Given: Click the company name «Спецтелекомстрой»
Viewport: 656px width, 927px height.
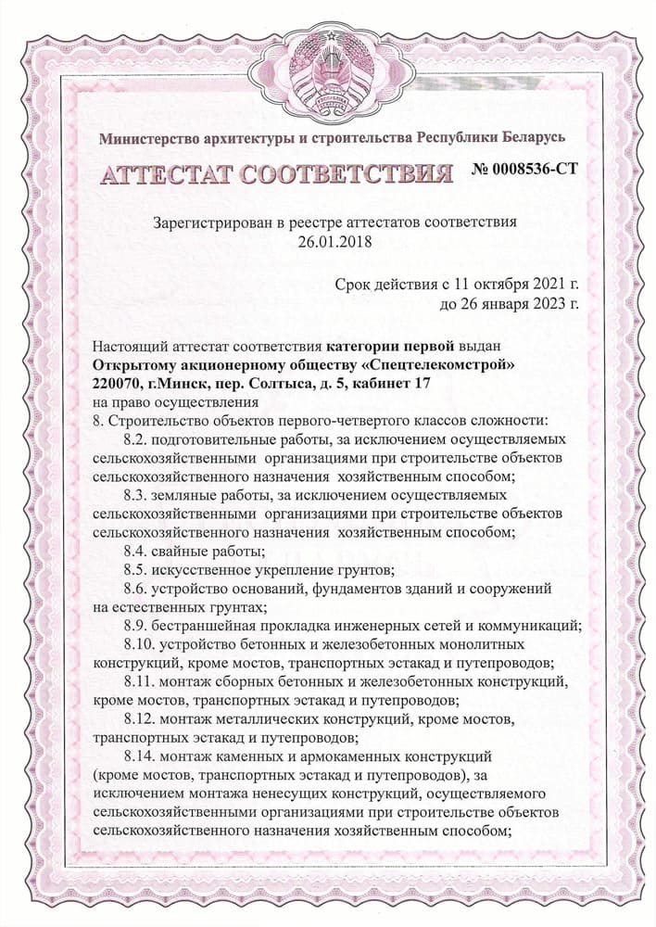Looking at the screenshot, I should coord(432,363).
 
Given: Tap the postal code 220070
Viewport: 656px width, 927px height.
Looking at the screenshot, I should coord(118,383).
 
